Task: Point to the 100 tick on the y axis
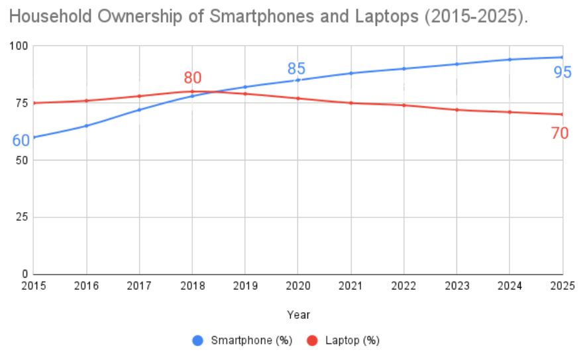pyautogui.click(x=20, y=46)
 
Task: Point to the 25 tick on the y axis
pyautogui.click(x=23, y=217)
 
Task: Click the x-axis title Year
pyautogui.click(x=298, y=315)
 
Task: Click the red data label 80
pyautogui.click(x=192, y=78)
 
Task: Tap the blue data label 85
pyautogui.click(x=296, y=69)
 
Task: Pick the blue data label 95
pyautogui.click(x=562, y=72)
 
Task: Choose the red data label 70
pyautogui.click(x=560, y=133)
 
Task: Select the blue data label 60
pyautogui.click(x=21, y=141)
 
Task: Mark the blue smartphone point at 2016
pyautogui.click(x=86, y=126)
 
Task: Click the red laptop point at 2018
pyautogui.click(x=192, y=91)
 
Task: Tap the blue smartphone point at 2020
pyautogui.click(x=298, y=80)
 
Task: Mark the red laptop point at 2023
pyautogui.click(x=456, y=109)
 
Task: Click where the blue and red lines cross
pyautogui.click(x=217, y=92)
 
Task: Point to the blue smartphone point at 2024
pyautogui.click(x=509, y=60)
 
